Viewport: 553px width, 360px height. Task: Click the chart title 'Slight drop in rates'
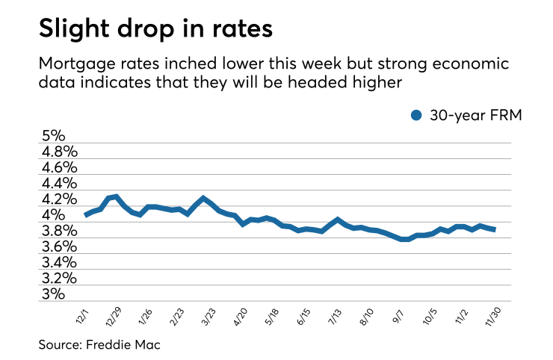(156, 30)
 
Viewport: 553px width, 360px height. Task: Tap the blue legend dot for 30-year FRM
(416, 115)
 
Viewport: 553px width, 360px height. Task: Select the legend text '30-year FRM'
(470, 115)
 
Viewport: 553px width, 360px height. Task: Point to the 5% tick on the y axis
(53, 137)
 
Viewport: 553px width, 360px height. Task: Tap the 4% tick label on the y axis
(53, 215)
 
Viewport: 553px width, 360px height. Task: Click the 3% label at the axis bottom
(53, 294)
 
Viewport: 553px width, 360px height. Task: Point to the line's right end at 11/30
(494, 229)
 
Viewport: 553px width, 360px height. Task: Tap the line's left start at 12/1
(86, 215)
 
